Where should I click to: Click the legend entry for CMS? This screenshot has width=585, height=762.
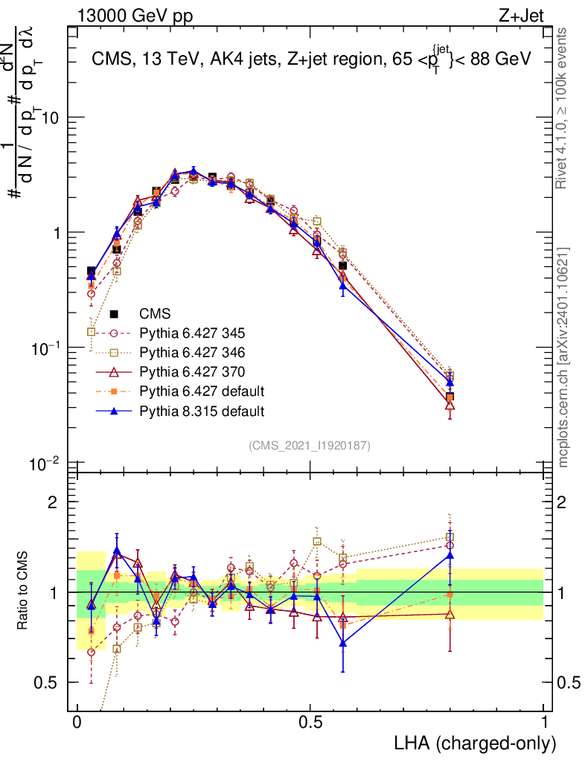[x=156, y=313]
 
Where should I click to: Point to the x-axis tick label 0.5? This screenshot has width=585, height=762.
[x=310, y=723]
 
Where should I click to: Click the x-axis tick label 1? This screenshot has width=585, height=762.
[x=544, y=723]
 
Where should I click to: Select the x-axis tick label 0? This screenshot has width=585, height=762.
[x=77, y=723]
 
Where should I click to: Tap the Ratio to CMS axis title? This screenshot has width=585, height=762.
[x=24, y=592]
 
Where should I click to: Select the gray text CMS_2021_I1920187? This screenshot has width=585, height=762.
[x=310, y=445]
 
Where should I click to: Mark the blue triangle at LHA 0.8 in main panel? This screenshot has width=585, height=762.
[x=450, y=382]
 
